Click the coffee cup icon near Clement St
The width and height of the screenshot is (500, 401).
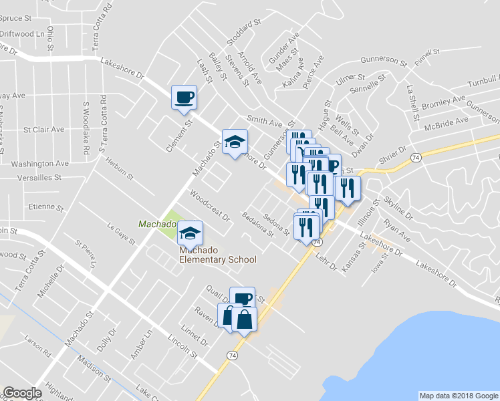coord(184,98)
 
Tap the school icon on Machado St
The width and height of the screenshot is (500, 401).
coord(234,142)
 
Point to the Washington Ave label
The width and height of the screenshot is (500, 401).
coord(40,163)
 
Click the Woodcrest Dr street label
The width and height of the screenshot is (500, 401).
coord(210,207)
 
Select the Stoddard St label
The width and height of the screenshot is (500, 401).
coord(243,33)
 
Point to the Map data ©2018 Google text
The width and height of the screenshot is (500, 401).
coord(458,396)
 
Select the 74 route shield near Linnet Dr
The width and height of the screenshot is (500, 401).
coord(231,354)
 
